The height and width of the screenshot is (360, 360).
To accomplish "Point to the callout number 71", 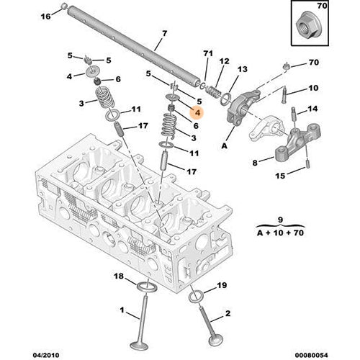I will tap(209, 54).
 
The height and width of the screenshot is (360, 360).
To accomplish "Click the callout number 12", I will tap(225, 62).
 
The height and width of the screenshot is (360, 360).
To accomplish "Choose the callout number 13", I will tap(243, 69).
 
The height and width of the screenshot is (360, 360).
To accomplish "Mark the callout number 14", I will tap(312, 109).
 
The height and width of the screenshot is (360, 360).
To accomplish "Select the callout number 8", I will tap(253, 163).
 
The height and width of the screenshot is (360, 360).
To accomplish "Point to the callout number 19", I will tap(221, 286).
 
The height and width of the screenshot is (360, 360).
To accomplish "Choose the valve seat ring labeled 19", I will tap(197, 297).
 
